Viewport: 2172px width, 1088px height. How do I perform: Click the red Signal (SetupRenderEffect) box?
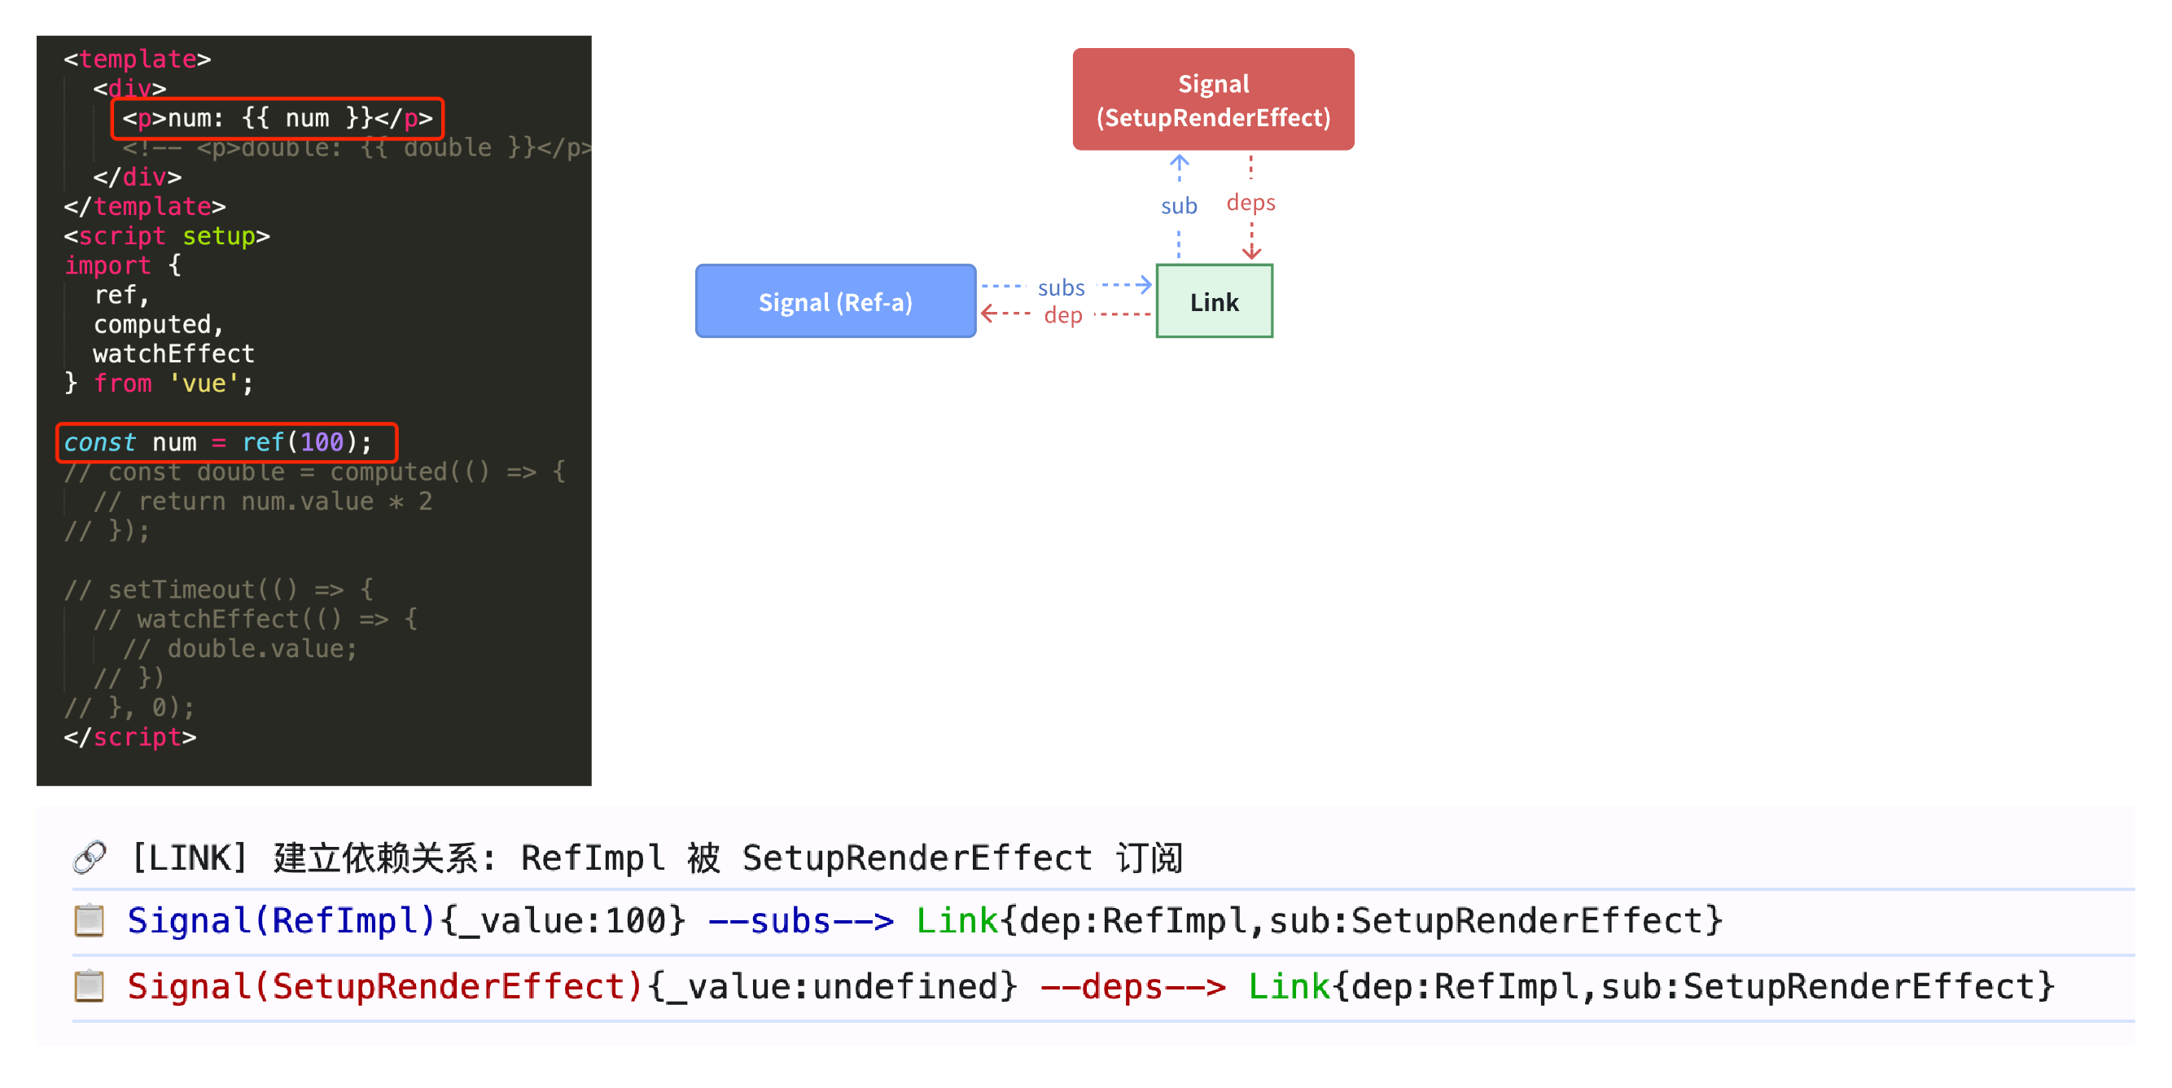pyautogui.click(x=1212, y=99)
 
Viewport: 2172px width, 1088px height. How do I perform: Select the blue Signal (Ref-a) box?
pyautogui.click(x=834, y=302)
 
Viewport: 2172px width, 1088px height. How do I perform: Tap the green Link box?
pyautogui.click(x=1213, y=302)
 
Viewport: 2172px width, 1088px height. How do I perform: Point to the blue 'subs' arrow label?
pyautogui.click(x=1061, y=288)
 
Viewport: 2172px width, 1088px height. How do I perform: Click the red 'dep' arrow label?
pyautogui.click(x=1062, y=315)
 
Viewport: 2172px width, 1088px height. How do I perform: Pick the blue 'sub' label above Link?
pyautogui.click(x=1178, y=206)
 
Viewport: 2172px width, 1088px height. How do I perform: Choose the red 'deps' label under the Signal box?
pyautogui.click(x=1250, y=203)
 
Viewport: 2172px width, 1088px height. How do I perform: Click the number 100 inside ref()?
pyautogui.click(x=322, y=442)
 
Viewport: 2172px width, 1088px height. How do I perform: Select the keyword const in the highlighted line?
pyautogui.click(x=99, y=442)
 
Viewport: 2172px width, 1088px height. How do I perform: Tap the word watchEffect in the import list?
pyautogui.click(x=173, y=353)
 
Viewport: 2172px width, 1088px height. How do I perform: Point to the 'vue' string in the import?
pyautogui.click(x=204, y=383)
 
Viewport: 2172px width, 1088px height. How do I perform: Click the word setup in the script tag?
pyautogui.click(x=218, y=236)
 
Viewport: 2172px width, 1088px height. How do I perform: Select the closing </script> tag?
pyautogui.click(x=130, y=737)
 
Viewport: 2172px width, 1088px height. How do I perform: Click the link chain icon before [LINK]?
pyautogui.click(x=90, y=857)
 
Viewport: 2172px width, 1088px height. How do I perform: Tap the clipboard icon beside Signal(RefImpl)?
pyautogui.click(x=90, y=920)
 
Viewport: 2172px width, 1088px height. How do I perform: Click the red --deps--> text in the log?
pyautogui.click(x=1132, y=986)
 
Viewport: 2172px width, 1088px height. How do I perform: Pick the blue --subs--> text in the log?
pyautogui.click(x=800, y=920)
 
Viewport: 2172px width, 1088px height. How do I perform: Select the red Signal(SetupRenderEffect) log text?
pyautogui.click(x=385, y=986)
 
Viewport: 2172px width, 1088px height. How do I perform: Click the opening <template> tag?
pyautogui.click(x=138, y=59)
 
